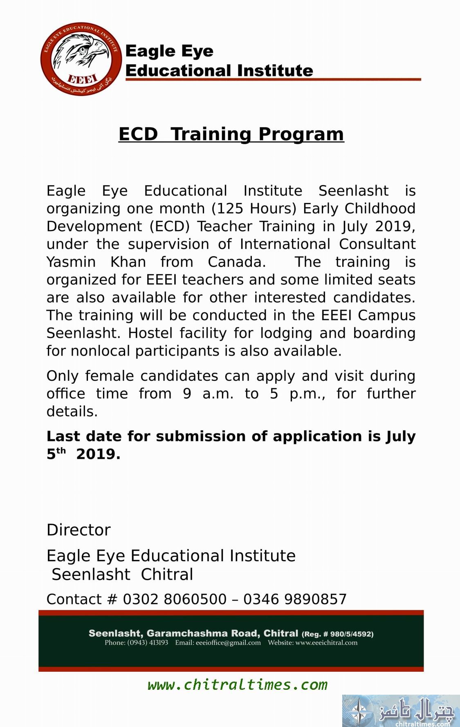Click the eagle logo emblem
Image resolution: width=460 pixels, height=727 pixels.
click(81, 59)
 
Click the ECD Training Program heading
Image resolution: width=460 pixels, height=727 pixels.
click(231, 134)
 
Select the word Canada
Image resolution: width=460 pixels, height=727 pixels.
click(237, 262)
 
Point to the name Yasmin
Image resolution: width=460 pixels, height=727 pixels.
click(71, 262)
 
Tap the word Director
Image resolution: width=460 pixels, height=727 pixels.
click(79, 530)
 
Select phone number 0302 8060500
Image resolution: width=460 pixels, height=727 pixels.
click(175, 599)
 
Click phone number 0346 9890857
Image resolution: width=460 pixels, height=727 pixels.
click(295, 599)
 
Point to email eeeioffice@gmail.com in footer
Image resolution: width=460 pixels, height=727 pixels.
click(228, 643)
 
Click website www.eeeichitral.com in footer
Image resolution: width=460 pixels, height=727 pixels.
click(326, 643)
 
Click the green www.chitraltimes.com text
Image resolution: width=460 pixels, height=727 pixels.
click(238, 685)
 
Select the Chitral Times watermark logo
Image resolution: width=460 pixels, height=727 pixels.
click(400, 711)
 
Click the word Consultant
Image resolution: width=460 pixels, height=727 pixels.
click(377, 244)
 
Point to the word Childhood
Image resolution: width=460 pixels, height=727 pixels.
click(380, 209)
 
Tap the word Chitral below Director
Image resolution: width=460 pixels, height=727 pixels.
click(167, 574)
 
